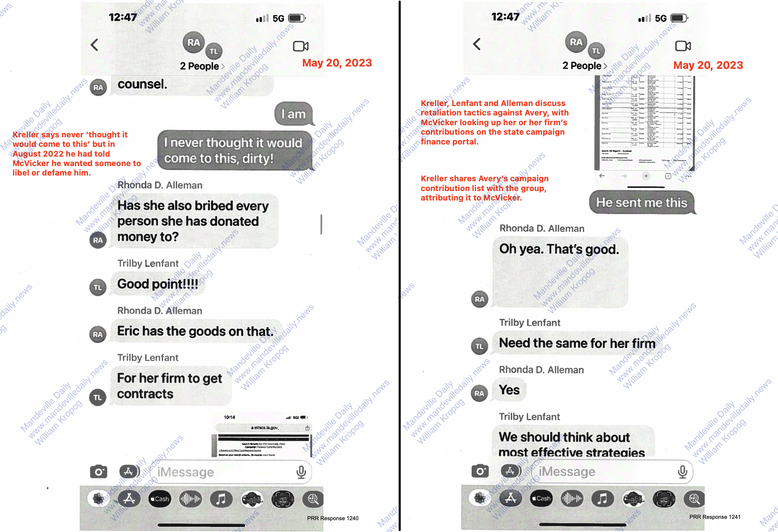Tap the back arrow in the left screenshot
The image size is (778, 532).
[95, 45]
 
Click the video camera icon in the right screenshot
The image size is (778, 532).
[683, 46]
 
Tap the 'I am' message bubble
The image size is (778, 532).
[293, 114]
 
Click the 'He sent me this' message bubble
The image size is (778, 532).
[642, 203]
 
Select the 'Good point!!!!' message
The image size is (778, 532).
[158, 284]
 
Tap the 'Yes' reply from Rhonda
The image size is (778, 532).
[509, 390]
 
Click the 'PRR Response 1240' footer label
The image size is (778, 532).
[333, 518]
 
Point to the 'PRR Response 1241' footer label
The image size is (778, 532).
[715, 517]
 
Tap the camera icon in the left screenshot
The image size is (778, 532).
[99, 472]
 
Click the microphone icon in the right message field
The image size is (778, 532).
[682, 472]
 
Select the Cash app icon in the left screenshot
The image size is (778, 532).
[160, 499]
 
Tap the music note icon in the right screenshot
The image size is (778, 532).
[602, 499]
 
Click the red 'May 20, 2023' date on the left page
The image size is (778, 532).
[337, 63]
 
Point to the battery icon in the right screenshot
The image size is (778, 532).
[679, 18]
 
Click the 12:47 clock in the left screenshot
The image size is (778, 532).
[123, 17]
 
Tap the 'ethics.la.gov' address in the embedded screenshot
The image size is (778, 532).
[265, 428]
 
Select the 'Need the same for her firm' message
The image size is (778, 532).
[577, 343]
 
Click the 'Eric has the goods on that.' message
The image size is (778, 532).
[195, 331]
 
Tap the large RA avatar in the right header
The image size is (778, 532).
[576, 42]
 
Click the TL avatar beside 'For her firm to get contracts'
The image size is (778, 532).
[98, 397]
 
